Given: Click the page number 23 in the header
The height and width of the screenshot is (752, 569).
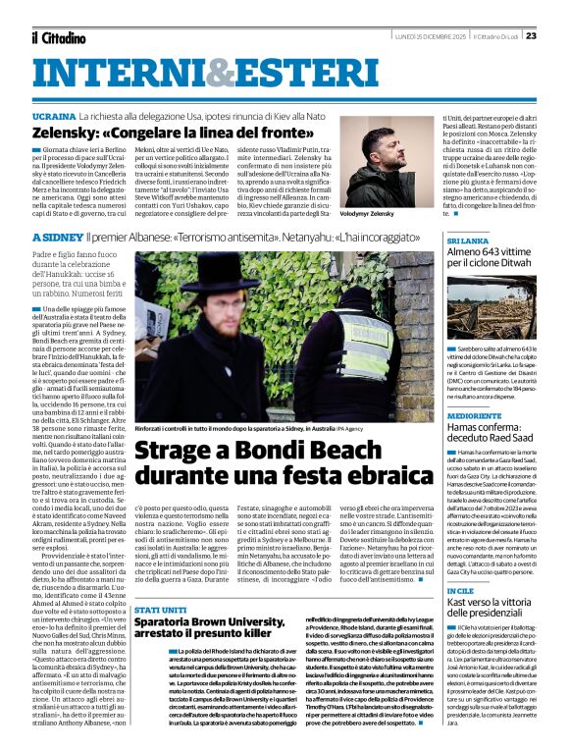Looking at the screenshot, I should coord(531,35).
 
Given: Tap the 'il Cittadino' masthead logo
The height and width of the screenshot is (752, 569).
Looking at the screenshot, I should coord(60,36).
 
